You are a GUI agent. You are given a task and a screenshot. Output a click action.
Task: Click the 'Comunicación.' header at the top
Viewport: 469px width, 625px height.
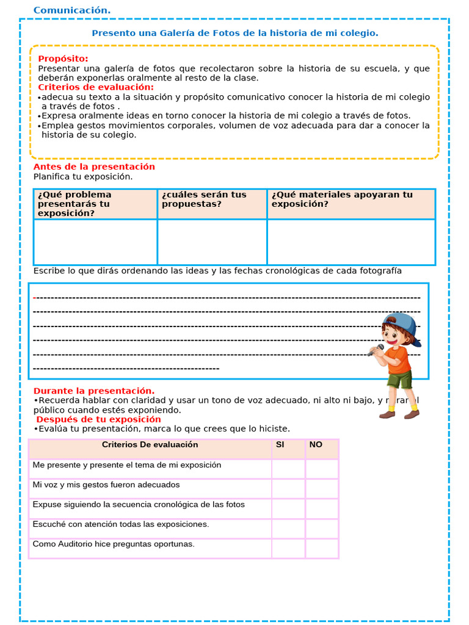72,10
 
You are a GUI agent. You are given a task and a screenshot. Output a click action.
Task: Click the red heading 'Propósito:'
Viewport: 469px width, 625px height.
63,59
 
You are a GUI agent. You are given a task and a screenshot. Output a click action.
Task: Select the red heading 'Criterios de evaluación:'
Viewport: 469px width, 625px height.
96,87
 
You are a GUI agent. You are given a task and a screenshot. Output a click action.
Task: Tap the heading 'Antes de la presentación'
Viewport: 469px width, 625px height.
94,167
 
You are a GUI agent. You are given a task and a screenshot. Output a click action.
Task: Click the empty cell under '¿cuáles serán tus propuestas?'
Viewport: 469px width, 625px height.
212,242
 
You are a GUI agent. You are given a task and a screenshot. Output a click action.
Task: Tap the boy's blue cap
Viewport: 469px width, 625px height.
401,323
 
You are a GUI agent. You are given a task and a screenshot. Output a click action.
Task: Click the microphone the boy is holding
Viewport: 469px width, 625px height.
376,350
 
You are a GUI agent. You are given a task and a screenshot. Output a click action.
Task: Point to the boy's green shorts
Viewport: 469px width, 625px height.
399,380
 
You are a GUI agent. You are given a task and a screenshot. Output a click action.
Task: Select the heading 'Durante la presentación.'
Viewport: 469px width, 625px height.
94,391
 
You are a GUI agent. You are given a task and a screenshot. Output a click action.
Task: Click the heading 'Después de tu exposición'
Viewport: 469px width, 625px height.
98,419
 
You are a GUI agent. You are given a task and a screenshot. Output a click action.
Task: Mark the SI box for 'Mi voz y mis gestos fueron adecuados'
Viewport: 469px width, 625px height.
288,488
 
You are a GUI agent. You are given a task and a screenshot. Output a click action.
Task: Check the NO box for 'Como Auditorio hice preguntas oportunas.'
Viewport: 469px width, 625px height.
322,548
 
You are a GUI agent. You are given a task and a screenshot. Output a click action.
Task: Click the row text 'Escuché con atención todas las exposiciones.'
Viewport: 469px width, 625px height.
121,524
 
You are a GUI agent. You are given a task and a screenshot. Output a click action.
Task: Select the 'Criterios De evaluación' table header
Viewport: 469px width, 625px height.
150,445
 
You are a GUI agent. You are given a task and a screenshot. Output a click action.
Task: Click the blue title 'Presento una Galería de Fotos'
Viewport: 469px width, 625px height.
234,33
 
